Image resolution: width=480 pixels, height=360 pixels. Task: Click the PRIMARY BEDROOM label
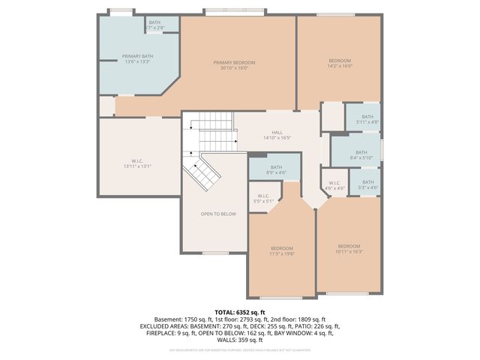pos(234,65)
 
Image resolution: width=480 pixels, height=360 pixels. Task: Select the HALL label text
pos(277,134)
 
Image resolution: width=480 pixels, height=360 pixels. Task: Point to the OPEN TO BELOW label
pos(217,214)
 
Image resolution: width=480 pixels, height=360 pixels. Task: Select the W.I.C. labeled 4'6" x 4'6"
pos(334,185)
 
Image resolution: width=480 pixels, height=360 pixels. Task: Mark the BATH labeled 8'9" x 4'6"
pos(276,170)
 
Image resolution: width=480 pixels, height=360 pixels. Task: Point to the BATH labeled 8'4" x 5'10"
pos(356,154)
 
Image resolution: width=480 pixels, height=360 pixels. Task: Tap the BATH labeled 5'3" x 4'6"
pos(367,184)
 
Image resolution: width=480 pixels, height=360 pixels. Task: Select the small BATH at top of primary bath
pos(154,25)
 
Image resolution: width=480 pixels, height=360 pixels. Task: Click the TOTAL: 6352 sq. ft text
pos(240,312)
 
